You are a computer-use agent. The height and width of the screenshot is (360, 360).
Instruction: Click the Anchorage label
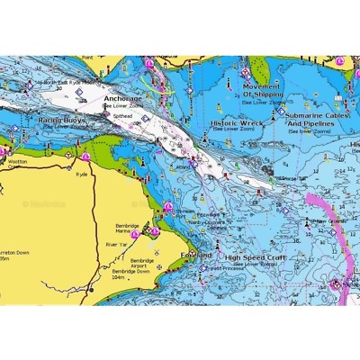(122, 98)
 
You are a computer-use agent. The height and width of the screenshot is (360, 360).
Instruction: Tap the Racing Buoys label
(61, 119)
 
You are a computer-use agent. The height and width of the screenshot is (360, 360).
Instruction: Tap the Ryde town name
(82, 174)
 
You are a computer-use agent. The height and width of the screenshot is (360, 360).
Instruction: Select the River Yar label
(117, 244)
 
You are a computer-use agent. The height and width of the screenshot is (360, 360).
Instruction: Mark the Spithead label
(123, 116)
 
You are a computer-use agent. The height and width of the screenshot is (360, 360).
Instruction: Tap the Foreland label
(196, 255)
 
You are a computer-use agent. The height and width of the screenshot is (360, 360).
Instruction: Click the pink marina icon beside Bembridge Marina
(135, 234)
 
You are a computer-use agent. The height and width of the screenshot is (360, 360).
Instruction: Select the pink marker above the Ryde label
(85, 157)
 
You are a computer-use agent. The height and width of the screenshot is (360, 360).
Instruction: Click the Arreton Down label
(13, 253)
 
